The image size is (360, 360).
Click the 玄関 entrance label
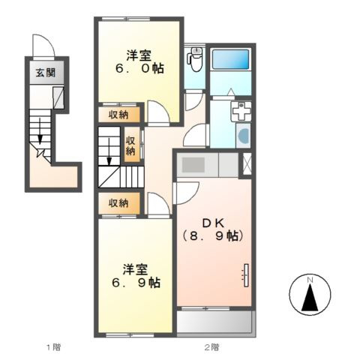[x=45, y=73]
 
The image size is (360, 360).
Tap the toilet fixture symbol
[x=195, y=59]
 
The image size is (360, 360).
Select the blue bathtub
[x=230, y=59]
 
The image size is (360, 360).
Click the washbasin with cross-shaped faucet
[x=241, y=112]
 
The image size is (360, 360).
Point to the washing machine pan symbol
[x=243, y=136]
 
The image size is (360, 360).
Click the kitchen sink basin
[x=193, y=165]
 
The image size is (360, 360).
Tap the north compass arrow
[x=310, y=297]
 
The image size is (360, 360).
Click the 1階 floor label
[x=53, y=347]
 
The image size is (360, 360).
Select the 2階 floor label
[x=211, y=347]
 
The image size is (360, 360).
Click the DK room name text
[x=213, y=223]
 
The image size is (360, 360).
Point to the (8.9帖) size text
[x=213, y=236]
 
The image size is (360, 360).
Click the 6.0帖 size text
[x=139, y=68]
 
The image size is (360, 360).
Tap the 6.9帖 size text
[x=136, y=283]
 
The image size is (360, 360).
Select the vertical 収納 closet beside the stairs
[x=131, y=144]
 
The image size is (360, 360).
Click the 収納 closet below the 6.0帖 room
[x=119, y=115]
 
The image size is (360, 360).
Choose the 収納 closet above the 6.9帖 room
[x=119, y=203]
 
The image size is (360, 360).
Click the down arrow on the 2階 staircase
[x=109, y=151]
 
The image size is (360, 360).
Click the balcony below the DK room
[x=214, y=322]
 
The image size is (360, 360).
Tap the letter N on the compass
[x=310, y=280]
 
